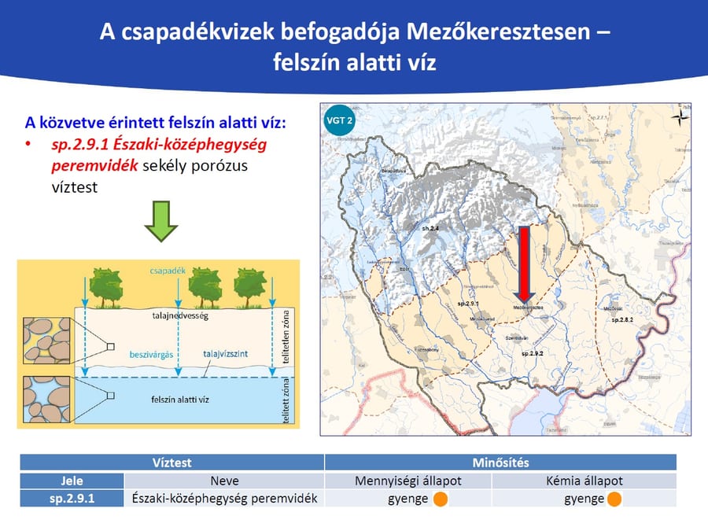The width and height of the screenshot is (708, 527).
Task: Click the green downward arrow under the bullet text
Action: click(160, 222)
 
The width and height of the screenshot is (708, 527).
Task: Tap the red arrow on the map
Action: click(525, 263)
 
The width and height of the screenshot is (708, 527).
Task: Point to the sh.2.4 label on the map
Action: click(430, 228)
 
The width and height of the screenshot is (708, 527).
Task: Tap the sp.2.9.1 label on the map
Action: click(468, 303)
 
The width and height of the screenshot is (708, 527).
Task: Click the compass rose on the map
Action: click(677, 117)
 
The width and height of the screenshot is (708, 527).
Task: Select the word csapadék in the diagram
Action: click(167, 270)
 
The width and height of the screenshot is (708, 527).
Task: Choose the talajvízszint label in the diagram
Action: click(224, 355)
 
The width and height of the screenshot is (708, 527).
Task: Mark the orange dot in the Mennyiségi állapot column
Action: click(441, 499)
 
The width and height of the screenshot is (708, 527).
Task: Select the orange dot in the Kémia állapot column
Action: click(614, 499)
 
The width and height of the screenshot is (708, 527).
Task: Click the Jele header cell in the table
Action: click(72, 481)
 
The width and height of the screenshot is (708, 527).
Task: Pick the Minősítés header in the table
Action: click(500, 463)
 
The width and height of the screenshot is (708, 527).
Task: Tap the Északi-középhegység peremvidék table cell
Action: click(224, 499)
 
